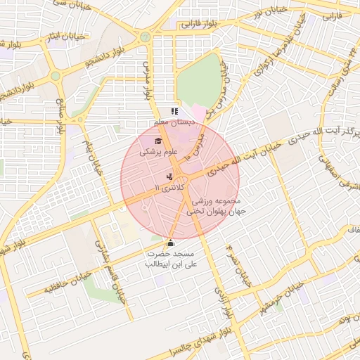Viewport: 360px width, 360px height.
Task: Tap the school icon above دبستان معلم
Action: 174,111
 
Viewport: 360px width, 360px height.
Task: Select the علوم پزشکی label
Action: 160,151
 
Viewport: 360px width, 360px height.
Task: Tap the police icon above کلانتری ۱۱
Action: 169,177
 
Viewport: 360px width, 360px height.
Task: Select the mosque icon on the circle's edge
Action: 169,243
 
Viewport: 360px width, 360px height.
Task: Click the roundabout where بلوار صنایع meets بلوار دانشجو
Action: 55,76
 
